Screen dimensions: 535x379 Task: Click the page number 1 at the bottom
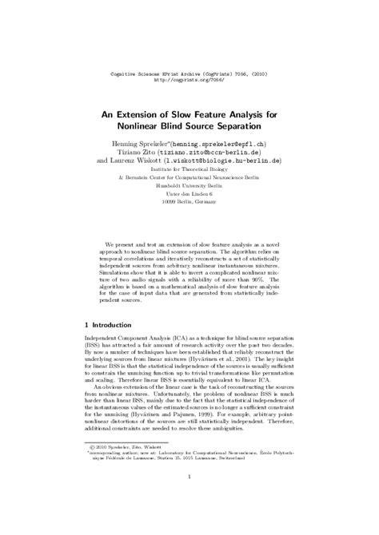tap(189, 499)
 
